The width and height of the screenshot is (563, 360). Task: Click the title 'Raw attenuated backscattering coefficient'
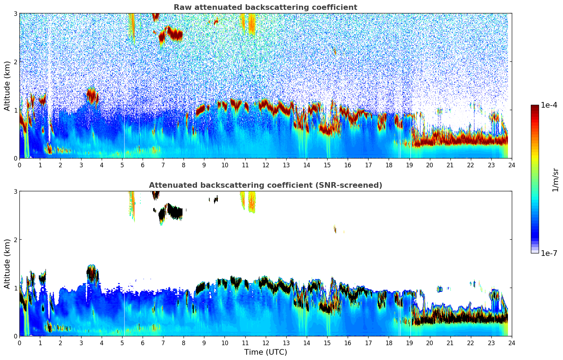265,7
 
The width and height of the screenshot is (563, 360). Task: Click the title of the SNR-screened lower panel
265,185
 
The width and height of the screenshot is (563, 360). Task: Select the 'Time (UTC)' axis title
265,352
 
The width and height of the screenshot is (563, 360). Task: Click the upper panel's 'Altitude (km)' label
7,86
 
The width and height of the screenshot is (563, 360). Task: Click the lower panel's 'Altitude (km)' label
7,264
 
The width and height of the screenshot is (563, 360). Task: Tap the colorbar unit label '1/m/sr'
555,180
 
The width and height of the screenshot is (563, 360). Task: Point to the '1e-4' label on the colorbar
549,105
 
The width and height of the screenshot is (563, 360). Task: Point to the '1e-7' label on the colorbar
549,253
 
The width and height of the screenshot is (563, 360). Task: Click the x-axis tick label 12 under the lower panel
265,343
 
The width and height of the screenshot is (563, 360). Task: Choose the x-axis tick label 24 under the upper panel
511,165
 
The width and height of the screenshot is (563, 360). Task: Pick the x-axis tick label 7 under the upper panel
163,165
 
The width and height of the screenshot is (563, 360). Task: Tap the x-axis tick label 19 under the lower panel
409,343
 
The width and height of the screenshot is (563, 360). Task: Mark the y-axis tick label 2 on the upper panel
16,62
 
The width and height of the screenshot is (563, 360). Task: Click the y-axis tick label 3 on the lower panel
16,191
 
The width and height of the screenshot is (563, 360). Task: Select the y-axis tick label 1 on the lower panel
16,288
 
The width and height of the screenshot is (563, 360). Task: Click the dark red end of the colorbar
535,107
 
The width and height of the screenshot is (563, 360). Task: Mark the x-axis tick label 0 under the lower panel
19,343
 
